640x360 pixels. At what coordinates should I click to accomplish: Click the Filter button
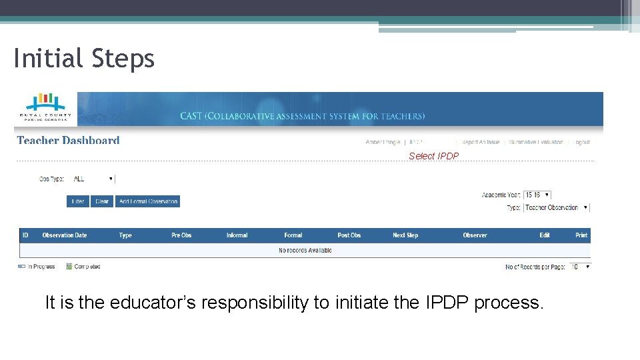[78, 201]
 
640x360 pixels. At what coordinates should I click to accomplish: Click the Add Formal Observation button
[148, 201]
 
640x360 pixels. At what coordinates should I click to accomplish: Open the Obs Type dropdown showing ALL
[93, 179]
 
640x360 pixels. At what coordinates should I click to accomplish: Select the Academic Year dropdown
[537, 195]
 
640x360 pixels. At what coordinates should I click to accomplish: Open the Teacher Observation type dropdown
[557, 207]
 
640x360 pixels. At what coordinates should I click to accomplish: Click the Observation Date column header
[65, 235]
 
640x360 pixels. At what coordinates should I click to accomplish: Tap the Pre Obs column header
[181, 235]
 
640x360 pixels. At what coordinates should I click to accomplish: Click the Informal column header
[237, 235]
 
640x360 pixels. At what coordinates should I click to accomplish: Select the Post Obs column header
[349, 235]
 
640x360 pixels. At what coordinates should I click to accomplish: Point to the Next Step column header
[405, 235]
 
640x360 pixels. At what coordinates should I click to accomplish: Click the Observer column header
[475, 235]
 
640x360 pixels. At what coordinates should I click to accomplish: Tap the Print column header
[581, 235]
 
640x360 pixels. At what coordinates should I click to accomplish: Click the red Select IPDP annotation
[433, 156]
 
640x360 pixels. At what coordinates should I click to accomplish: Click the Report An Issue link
[481, 142]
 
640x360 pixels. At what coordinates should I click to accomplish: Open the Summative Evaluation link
[536, 142]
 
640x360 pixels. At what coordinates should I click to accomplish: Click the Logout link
[582, 142]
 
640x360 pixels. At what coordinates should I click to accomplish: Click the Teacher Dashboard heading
[68, 141]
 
